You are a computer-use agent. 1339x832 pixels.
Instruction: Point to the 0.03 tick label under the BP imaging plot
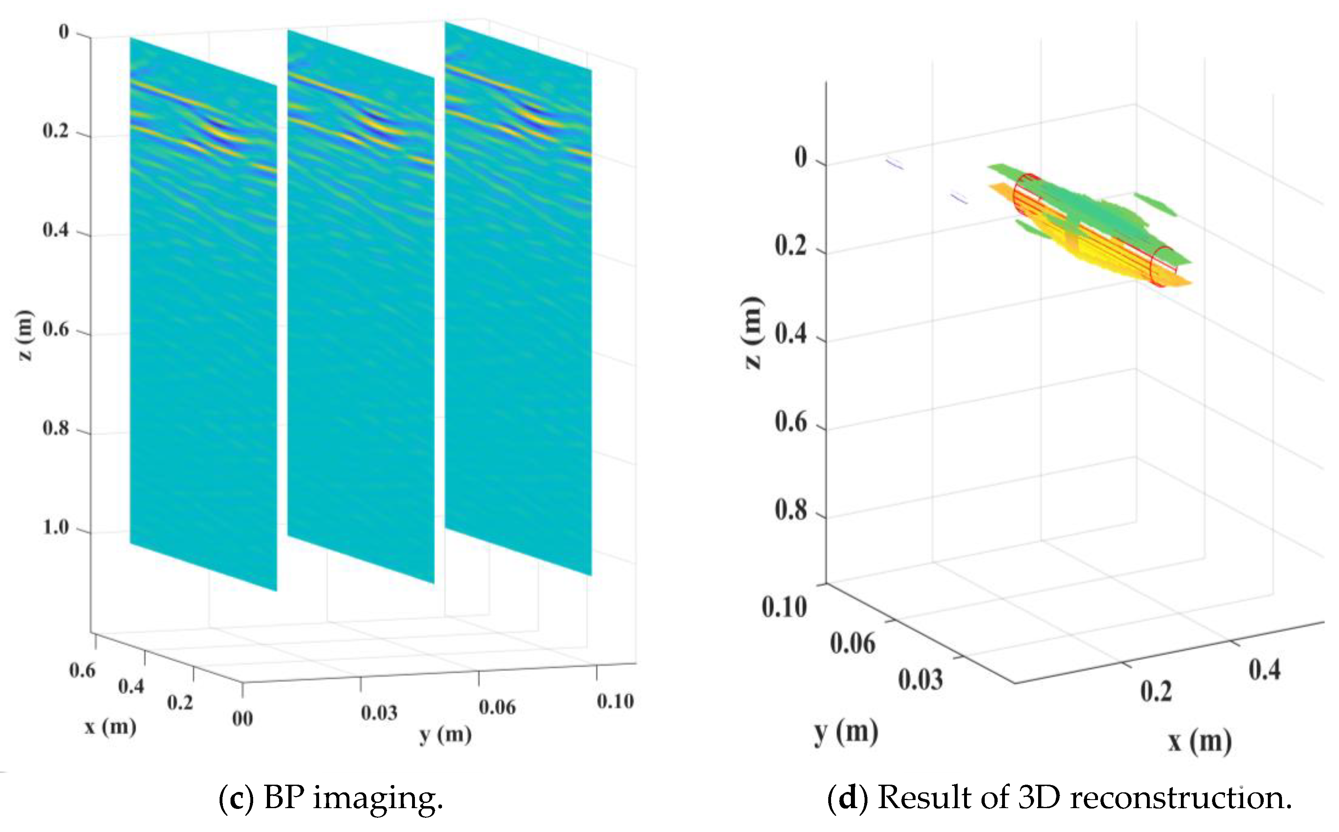tap(379, 713)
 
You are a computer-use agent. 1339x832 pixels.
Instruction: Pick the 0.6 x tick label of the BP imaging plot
tap(82, 670)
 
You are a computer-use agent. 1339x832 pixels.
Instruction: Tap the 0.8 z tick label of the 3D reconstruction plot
tap(791, 510)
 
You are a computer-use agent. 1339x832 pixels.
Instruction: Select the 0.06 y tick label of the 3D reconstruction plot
tap(852, 643)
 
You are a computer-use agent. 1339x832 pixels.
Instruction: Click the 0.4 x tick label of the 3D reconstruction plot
tap(1264, 670)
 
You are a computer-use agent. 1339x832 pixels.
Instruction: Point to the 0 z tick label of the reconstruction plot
tap(800, 157)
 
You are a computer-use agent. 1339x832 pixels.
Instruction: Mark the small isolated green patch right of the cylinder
tap(1156, 203)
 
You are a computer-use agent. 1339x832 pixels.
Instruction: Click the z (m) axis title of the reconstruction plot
tap(753, 333)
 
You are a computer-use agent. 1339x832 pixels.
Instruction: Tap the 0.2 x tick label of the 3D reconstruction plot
tap(1156, 691)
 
